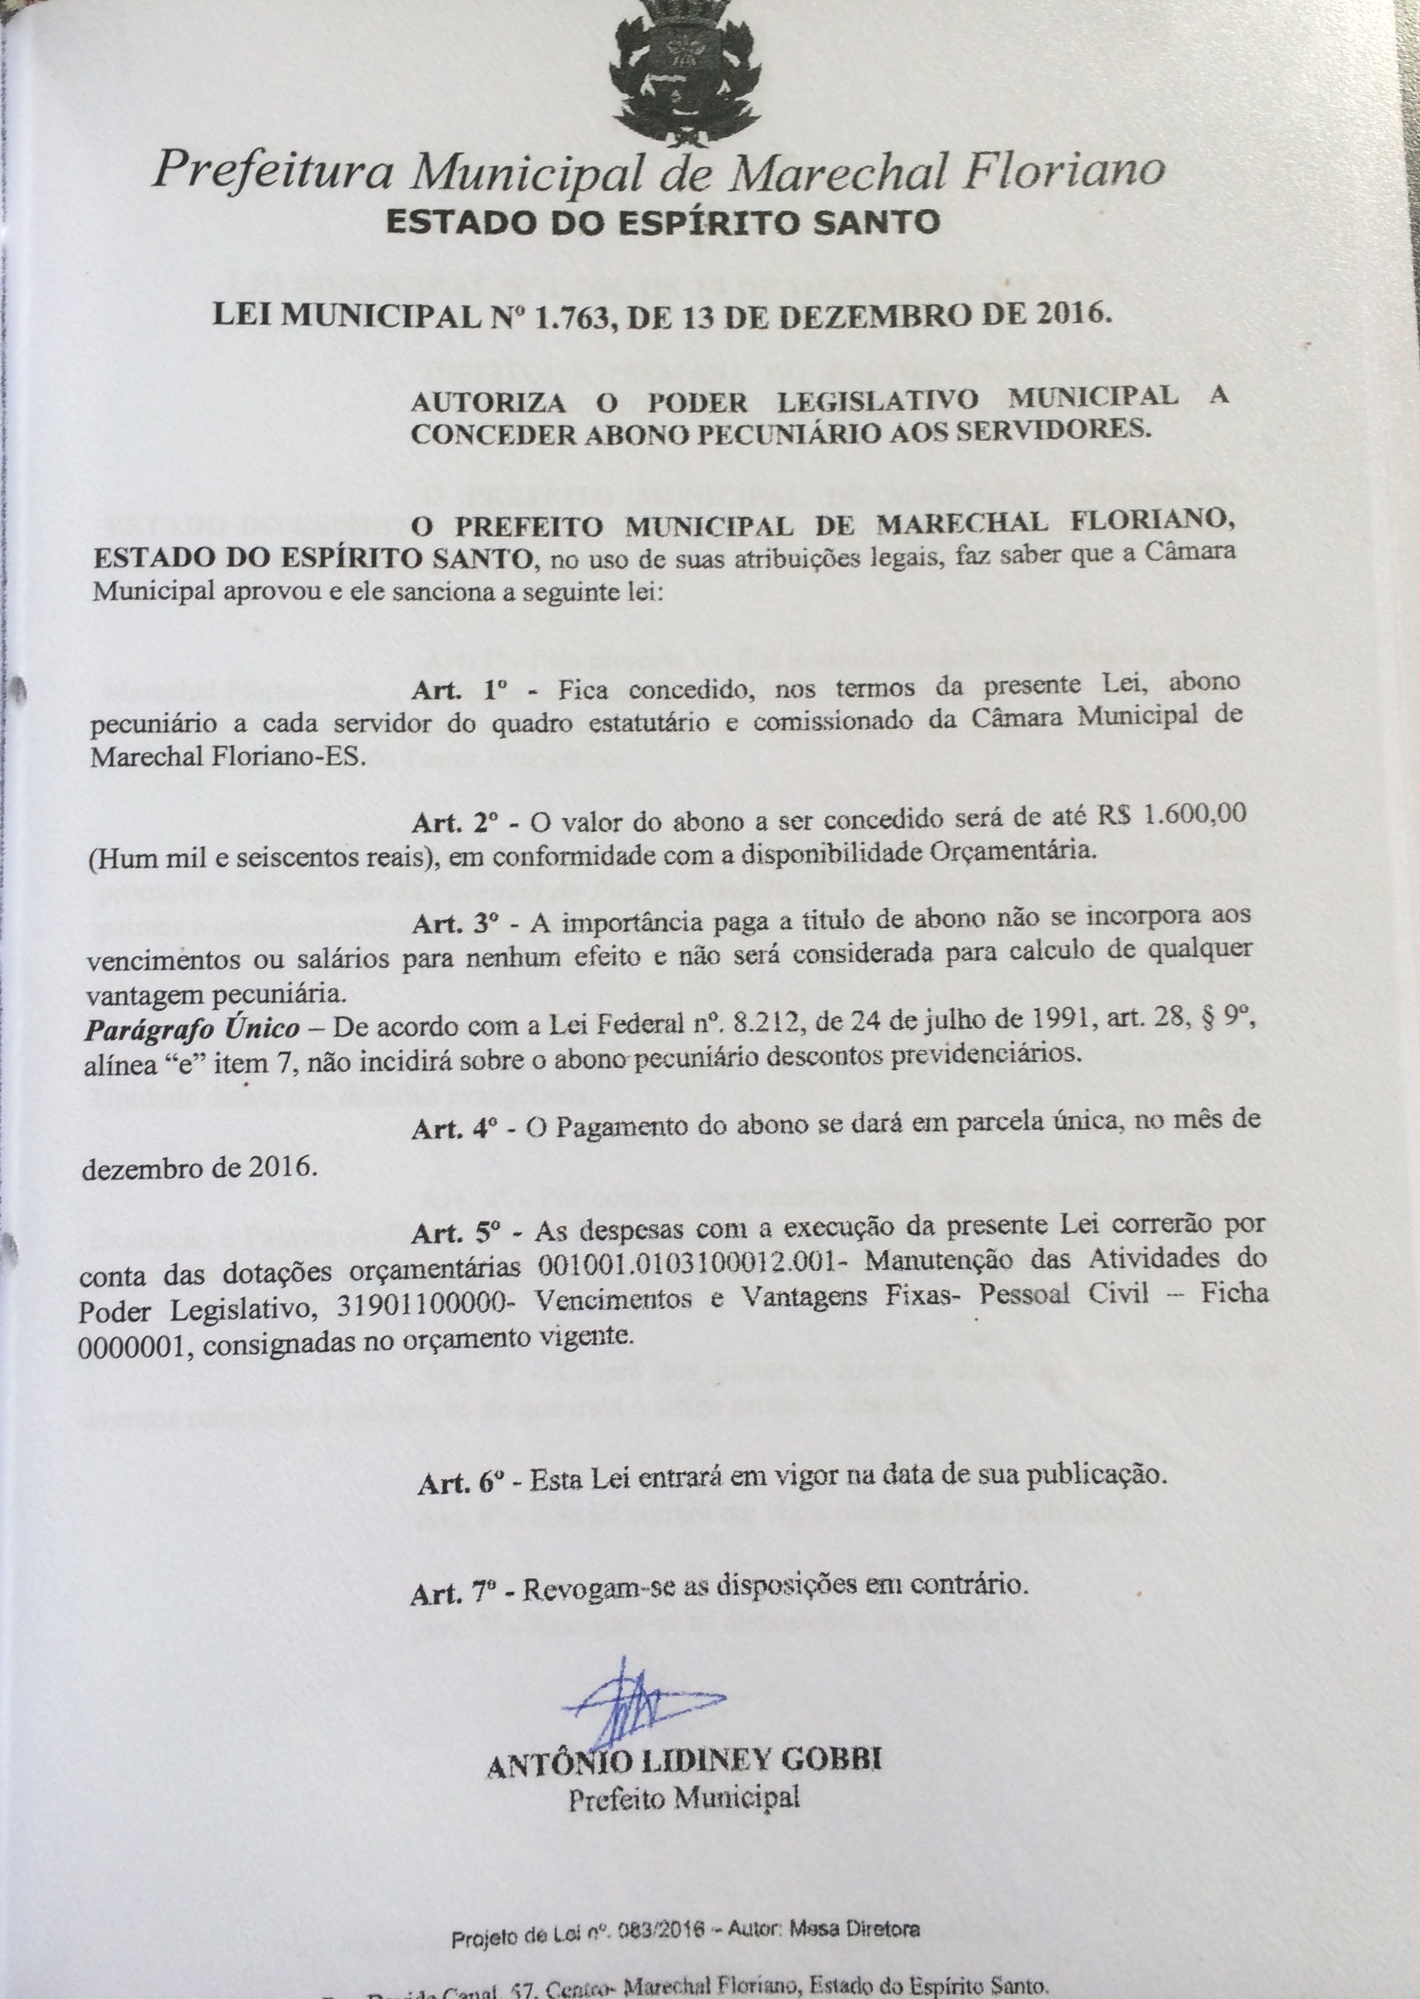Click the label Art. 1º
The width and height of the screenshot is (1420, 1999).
pos(460,690)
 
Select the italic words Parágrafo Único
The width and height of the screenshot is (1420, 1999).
pos(193,1029)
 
